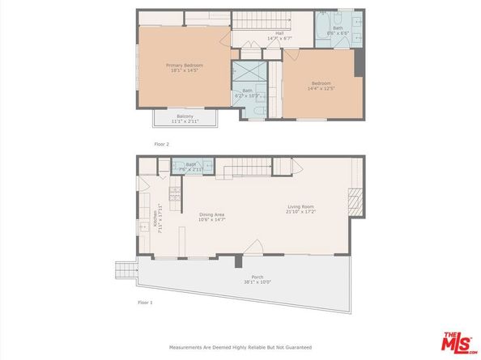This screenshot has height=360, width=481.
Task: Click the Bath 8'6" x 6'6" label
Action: tap(337, 32)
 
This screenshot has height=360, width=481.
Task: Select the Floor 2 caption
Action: tap(163, 144)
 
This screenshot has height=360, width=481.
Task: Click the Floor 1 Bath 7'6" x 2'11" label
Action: tap(191, 167)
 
